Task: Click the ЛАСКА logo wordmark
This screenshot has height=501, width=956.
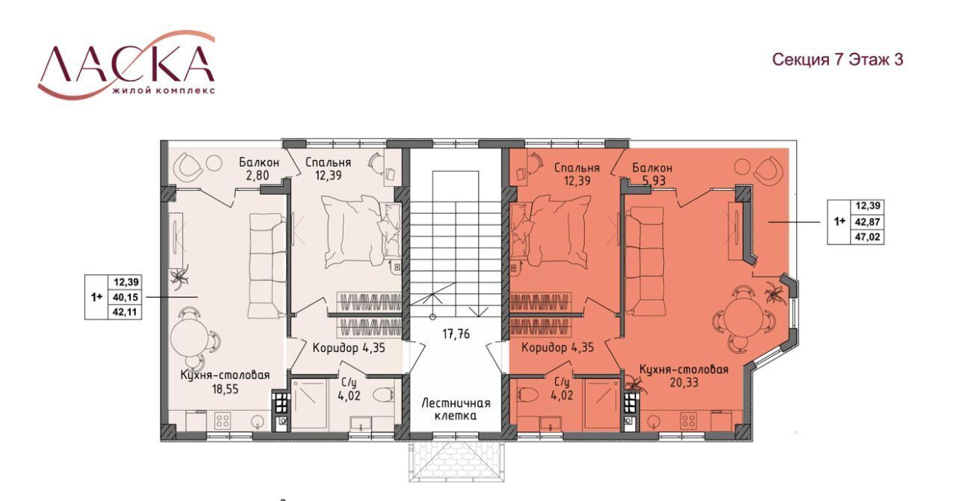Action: point(127,64)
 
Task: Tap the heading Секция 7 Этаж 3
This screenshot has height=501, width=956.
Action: point(837,60)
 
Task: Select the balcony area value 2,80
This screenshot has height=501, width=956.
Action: point(258,175)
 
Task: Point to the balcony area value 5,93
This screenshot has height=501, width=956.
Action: point(654,181)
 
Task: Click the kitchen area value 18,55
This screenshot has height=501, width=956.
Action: point(226,389)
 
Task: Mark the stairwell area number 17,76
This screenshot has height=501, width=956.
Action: point(456,334)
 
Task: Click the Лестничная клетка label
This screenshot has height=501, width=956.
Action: point(456,409)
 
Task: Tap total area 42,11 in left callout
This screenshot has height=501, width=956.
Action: point(125,312)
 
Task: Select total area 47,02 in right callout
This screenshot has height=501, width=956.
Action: point(868,237)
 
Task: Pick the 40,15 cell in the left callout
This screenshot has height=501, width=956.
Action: point(125,297)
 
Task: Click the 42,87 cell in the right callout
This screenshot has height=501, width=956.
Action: point(868,222)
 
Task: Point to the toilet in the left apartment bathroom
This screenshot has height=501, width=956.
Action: point(383,395)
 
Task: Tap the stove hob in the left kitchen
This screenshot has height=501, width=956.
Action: point(223,419)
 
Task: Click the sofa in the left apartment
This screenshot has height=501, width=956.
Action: point(267,266)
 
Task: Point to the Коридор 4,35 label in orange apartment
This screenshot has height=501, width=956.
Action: point(557,348)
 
